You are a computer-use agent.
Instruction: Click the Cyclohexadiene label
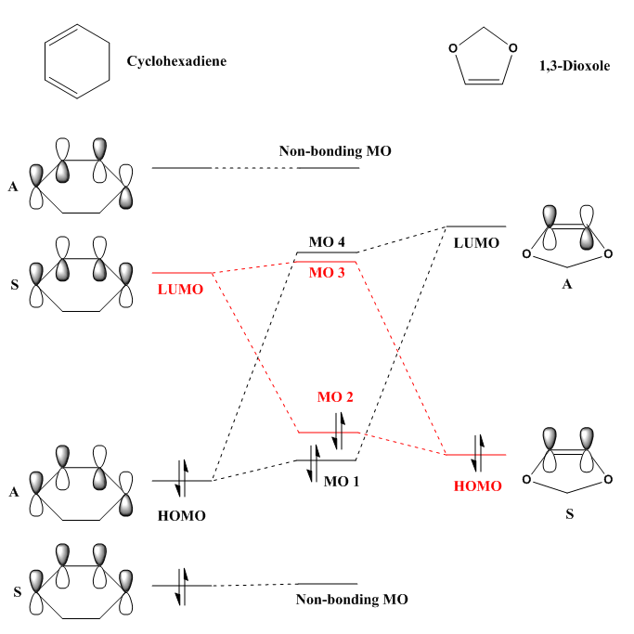coord(176,61)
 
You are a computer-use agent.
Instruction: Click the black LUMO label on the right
coord(476,242)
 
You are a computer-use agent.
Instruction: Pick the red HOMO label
coord(477,485)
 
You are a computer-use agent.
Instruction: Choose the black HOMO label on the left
coord(182,515)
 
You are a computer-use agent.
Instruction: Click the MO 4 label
coord(327,242)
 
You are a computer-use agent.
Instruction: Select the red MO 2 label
coord(335,397)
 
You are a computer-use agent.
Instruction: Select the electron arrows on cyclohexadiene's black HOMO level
coord(182,480)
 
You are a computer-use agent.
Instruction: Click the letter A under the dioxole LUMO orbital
coord(567,285)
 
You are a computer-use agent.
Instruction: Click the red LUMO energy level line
coord(183,273)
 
